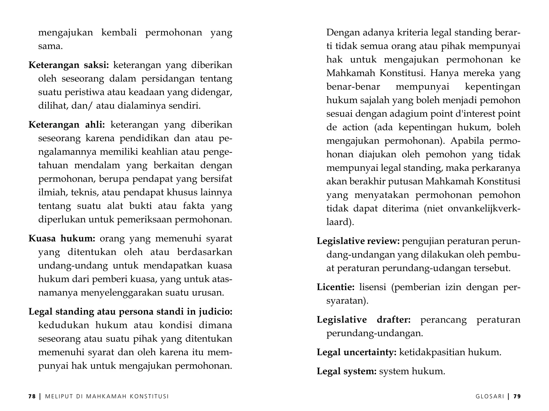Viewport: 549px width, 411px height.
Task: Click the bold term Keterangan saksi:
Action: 69,65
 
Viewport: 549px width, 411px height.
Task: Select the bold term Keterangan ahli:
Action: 67,125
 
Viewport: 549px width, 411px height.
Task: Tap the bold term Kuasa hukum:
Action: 62,238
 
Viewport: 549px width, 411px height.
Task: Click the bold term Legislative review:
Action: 358,241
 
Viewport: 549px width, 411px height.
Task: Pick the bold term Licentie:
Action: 336,287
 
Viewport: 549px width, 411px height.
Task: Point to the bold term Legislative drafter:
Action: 363,320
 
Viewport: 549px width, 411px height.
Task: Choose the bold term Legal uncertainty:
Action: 357,352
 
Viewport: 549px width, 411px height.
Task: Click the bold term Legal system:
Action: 347,371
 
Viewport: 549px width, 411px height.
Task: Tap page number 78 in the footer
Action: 32,397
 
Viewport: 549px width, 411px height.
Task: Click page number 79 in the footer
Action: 517,397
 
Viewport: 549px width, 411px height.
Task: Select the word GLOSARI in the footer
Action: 490,397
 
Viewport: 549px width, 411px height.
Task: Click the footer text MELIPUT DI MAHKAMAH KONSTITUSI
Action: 107,397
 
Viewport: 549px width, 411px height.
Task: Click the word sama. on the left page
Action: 50,46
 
